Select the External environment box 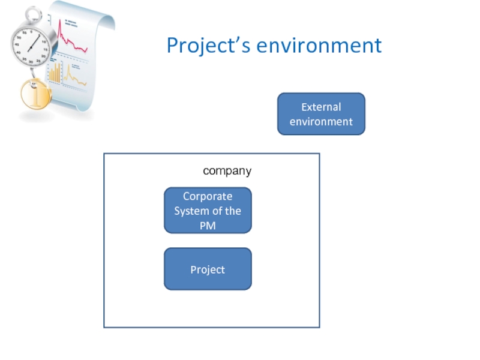(x=321, y=114)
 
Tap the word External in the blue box (x=321, y=107)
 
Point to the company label (x=227, y=171)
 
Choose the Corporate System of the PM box (x=208, y=211)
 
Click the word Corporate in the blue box (x=208, y=196)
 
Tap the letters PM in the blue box (x=208, y=226)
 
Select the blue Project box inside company (x=208, y=269)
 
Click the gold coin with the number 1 (x=35, y=95)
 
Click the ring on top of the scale (x=34, y=13)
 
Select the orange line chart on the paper (x=74, y=74)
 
